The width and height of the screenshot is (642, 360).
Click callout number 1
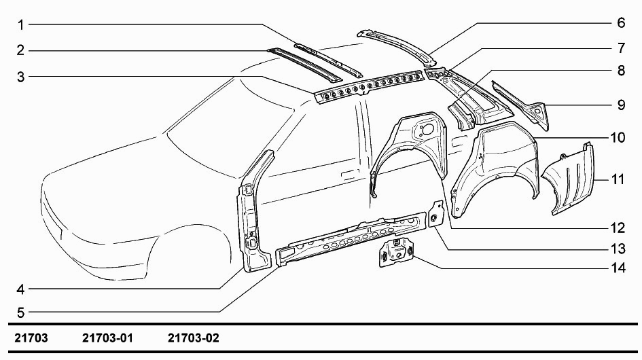20,25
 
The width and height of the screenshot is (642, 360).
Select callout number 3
20,77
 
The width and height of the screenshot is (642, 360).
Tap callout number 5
20,313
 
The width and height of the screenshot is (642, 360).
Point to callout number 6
621,22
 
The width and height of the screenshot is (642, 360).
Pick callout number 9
621,105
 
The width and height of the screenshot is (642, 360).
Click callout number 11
618,179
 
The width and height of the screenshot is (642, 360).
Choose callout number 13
618,249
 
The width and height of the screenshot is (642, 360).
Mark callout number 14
618,268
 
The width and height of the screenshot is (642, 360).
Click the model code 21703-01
108,338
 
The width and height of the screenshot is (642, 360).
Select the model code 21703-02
193,338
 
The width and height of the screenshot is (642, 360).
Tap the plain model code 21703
31,338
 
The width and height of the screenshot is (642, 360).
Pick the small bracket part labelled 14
395,253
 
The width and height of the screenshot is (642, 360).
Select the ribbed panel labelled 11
570,180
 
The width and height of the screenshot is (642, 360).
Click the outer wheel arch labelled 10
497,170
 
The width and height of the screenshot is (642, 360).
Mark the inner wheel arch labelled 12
410,147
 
